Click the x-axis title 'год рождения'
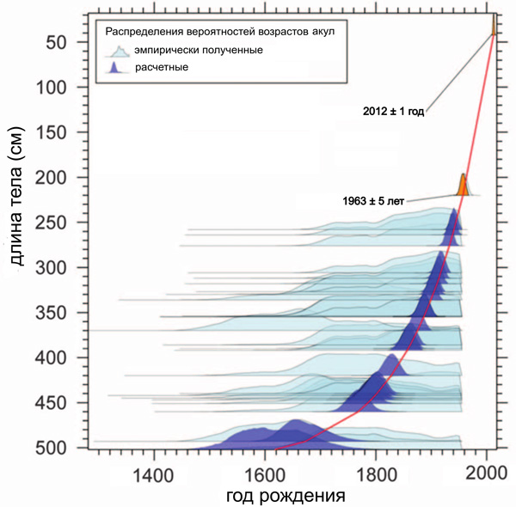coord(286,496)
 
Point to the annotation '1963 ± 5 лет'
coord(374,200)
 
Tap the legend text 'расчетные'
coord(168,67)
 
